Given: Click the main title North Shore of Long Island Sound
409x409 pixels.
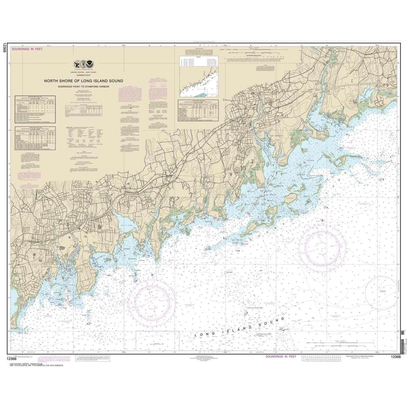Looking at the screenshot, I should (84, 81).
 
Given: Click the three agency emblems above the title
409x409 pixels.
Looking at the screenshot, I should (84, 64).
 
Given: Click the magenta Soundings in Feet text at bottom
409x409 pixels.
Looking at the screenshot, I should (281, 356).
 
